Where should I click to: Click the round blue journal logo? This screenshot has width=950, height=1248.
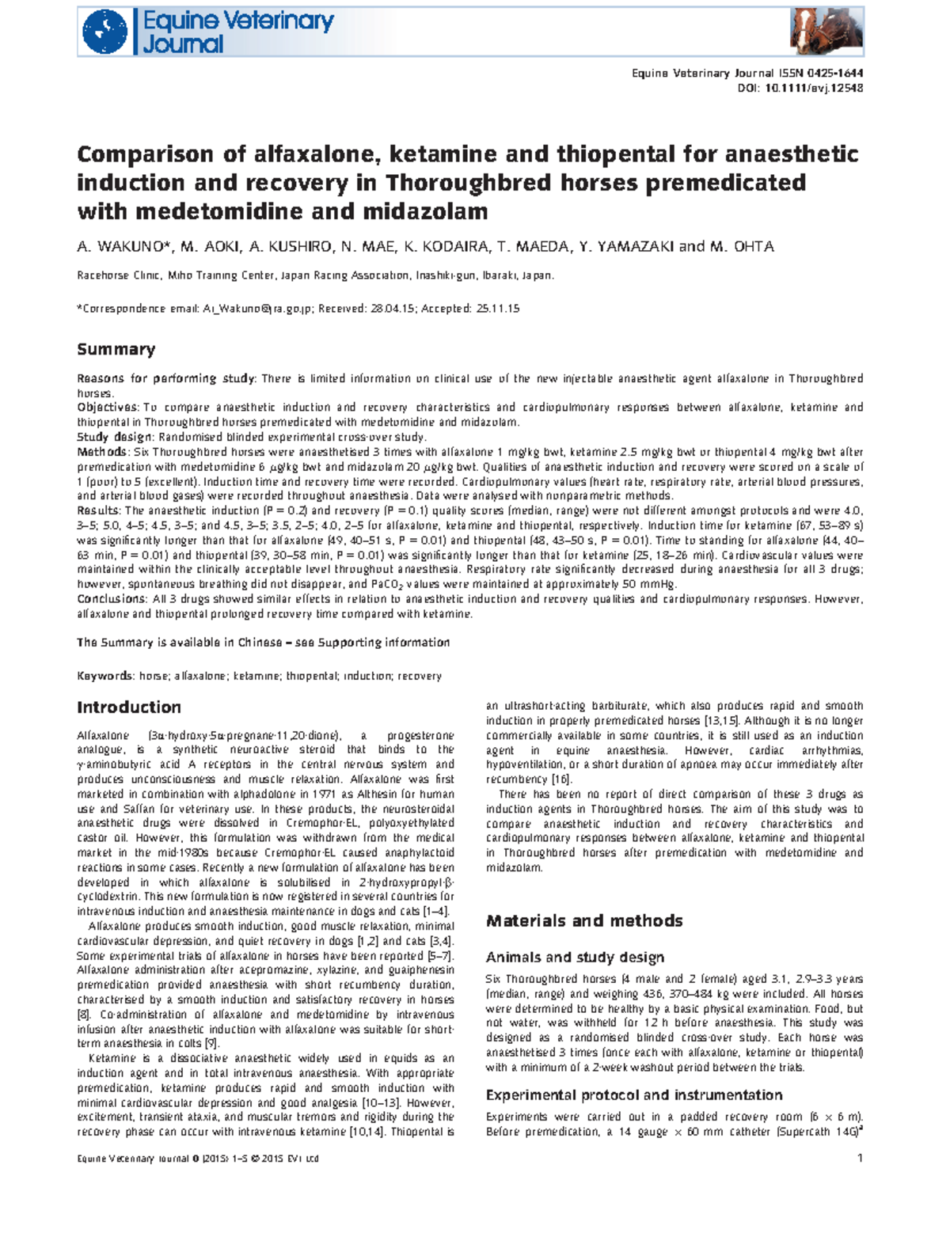click(x=105, y=32)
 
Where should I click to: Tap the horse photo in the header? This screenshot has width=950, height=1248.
click(x=826, y=32)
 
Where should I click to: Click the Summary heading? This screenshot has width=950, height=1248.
click(x=116, y=350)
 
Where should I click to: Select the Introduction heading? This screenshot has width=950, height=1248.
click(x=129, y=707)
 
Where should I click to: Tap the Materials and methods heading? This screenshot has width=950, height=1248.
click(x=584, y=921)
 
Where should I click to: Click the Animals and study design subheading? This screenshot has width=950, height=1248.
click(x=575, y=958)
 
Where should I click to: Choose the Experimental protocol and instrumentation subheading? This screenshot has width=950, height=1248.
click(x=633, y=1095)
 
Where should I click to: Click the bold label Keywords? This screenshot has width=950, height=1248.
click(x=104, y=677)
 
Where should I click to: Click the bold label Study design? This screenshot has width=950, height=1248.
click(x=116, y=438)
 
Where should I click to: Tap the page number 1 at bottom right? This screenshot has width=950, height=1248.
click(x=860, y=1159)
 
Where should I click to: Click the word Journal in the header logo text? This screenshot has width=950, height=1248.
click(x=183, y=44)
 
